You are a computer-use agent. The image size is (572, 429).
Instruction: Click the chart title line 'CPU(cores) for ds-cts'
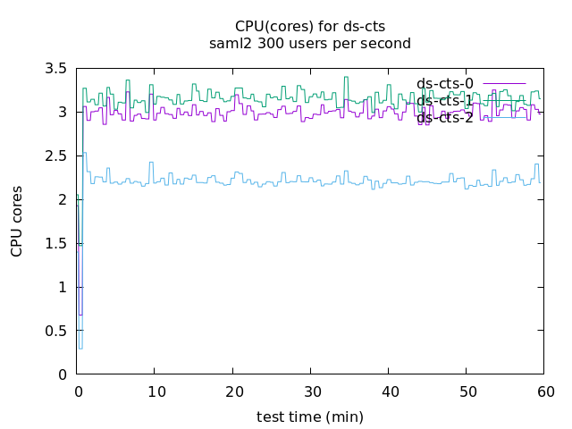[310, 26]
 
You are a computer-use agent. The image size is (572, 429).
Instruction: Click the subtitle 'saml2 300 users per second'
[310, 43]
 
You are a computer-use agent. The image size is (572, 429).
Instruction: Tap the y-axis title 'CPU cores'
[17, 222]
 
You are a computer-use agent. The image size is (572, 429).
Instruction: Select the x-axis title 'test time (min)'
[310, 416]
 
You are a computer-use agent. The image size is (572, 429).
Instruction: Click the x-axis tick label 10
[155, 391]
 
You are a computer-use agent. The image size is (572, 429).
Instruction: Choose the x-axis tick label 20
[232, 391]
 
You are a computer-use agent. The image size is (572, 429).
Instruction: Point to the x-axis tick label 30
[310, 391]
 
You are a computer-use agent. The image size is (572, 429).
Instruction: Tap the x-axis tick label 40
[389, 391]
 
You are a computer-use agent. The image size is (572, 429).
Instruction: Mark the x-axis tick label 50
[467, 391]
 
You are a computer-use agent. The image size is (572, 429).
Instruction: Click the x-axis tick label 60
[544, 391]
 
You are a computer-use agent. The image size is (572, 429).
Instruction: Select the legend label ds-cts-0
[445, 84]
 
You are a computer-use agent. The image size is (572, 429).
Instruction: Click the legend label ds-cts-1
[445, 101]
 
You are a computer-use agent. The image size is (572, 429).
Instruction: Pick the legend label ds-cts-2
[445, 118]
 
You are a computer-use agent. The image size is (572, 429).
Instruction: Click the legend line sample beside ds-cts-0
[504, 84]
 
